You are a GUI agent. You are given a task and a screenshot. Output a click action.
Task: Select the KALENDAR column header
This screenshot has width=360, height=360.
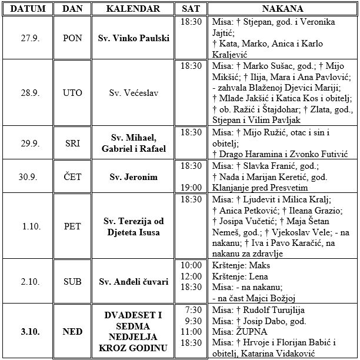click(x=134, y=9)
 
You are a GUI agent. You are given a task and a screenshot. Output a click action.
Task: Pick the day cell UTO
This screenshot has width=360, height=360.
click(x=72, y=93)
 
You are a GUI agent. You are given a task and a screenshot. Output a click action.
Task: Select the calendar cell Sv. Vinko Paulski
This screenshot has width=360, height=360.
click(x=134, y=38)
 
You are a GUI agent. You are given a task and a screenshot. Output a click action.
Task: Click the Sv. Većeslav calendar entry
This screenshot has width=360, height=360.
click(x=134, y=93)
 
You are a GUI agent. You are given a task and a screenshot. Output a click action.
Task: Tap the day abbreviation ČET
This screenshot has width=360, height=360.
click(x=72, y=176)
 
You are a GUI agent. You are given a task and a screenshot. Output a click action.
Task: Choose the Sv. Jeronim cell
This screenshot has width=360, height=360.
click(x=134, y=176)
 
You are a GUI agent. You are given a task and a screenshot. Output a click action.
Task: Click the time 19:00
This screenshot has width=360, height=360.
click(x=191, y=188)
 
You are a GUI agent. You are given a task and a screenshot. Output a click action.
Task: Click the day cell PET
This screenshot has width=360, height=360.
click(x=72, y=226)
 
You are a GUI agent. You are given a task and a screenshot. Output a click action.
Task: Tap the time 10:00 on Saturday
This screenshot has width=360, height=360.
click(x=191, y=265)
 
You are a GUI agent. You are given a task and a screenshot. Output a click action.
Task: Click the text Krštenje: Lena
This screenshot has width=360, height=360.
click(x=236, y=276)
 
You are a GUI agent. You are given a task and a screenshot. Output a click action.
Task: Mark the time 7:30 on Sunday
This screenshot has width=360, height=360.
click(x=192, y=309)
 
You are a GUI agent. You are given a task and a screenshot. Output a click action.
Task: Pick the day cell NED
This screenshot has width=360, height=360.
click(x=72, y=332)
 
